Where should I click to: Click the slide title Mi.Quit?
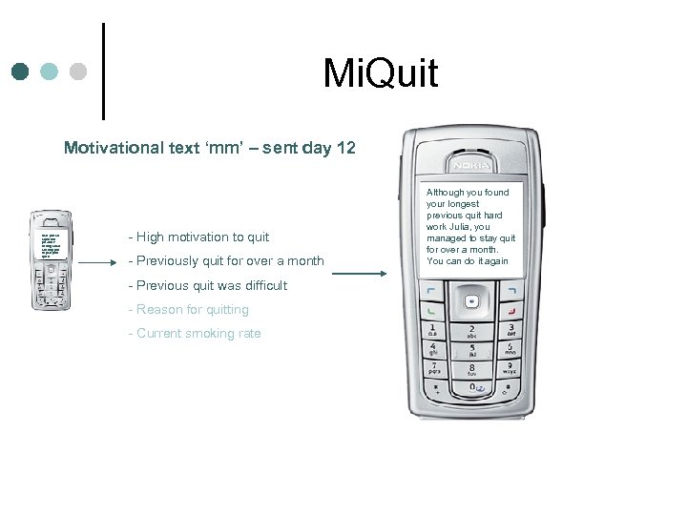380,72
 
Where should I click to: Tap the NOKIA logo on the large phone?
472,165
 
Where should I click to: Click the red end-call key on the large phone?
514,309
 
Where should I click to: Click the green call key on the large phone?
431,309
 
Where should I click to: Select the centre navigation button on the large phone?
472,303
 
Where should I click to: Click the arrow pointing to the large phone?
360,274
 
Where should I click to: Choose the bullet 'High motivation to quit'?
202,237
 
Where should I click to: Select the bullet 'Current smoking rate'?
198,333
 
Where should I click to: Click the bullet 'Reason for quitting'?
192,309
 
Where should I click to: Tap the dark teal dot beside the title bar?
21,72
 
